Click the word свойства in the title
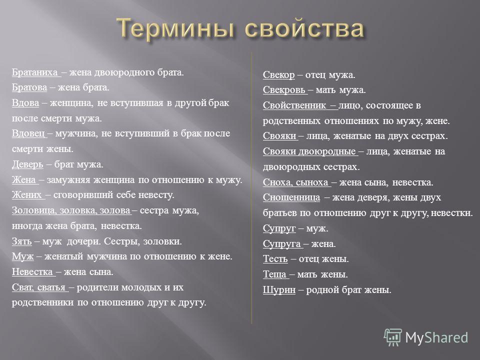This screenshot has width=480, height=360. [x=304, y=28]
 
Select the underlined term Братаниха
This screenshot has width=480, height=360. [x=34, y=72]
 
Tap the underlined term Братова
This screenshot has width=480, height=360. [x=29, y=88]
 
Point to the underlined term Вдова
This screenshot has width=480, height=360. [x=25, y=103]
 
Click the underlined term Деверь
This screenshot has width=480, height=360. [x=27, y=164]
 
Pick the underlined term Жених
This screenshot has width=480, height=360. [x=26, y=195]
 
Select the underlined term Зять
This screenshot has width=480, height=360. [x=21, y=241]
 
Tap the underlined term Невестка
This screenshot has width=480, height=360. [x=32, y=272]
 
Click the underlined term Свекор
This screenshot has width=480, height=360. [x=278, y=75]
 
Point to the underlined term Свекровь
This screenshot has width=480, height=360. [x=284, y=90]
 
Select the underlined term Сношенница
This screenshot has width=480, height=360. [x=291, y=198]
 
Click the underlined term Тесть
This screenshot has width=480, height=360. [x=275, y=259]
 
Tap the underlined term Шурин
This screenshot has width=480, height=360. [x=279, y=290]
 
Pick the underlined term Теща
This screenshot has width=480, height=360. [x=274, y=274]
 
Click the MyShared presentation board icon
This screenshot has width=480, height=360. [x=393, y=337]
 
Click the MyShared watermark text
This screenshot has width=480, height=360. [x=436, y=338]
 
